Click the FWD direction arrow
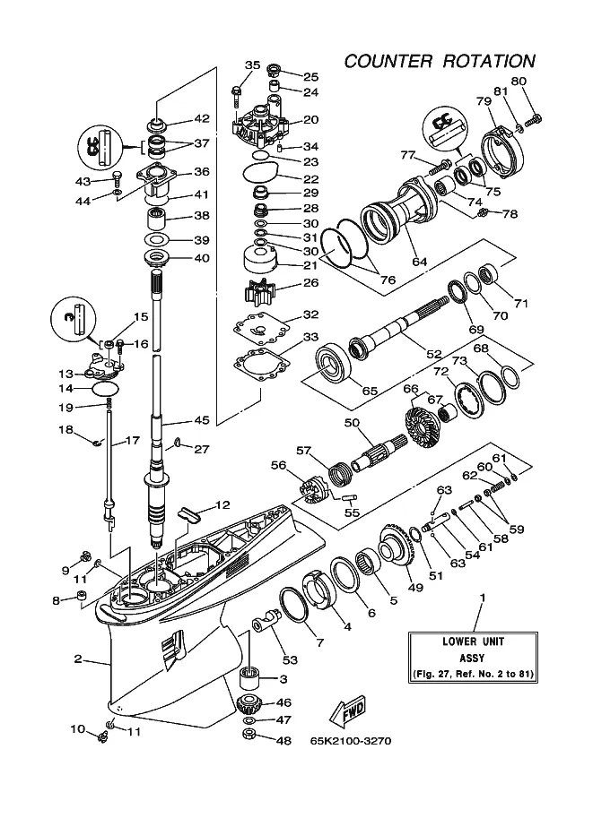(347, 712)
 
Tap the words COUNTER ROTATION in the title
(440, 61)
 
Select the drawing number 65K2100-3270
(351, 741)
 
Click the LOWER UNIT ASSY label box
(473, 658)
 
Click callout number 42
(202, 118)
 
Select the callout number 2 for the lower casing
(78, 659)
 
